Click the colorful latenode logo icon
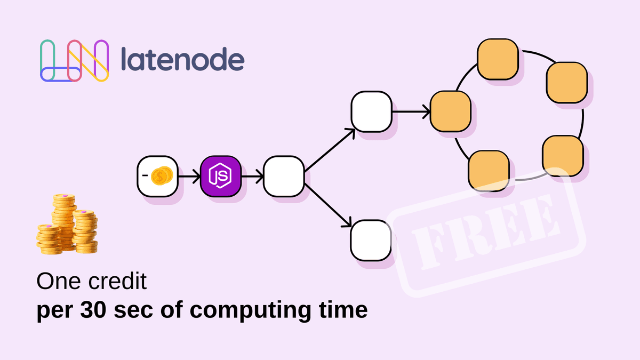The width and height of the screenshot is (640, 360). [x=74, y=61]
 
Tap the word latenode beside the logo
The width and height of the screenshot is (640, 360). [x=182, y=60]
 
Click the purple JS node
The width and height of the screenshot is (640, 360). [x=221, y=175]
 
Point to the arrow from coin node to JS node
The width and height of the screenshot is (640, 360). [x=188, y=175]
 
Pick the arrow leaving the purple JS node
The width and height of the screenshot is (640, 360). [x=252, y=175]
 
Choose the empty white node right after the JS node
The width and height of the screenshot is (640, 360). [x=283, y=175]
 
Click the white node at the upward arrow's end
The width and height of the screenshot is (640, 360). [x=371, y=111]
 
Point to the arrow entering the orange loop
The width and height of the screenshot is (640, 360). [x=411, y=112]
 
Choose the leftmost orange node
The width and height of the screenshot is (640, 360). [x=450, y=111]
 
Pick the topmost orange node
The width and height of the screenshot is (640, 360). [x=498, y=60]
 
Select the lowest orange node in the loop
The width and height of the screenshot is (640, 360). [x=488, y=171]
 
